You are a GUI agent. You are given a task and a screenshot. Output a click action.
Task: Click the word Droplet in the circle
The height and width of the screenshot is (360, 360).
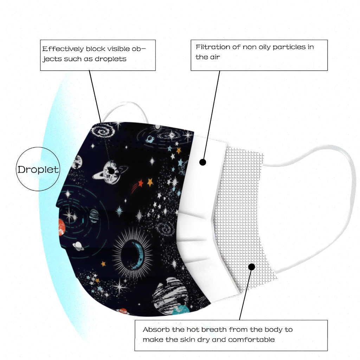coord(38,170)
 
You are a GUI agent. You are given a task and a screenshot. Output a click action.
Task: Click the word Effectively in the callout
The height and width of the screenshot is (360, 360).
coord(63,49)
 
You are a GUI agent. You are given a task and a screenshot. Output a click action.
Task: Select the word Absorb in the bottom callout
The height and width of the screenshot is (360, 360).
coord(156,330)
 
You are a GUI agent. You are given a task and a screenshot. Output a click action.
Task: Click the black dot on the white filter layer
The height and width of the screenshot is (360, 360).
coord(202,162)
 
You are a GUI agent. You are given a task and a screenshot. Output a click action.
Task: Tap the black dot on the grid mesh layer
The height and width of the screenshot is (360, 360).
coord(252,267)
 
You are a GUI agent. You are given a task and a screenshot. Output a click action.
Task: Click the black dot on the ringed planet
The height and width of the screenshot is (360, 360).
coord(111,171)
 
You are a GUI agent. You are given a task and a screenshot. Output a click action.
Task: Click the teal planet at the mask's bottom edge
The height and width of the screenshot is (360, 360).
coord(180,310)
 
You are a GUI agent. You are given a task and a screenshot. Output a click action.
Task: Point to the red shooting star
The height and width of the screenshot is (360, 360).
coord(137,186)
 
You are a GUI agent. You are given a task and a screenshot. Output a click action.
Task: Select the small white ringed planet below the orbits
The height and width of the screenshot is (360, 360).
coord(78,246)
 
